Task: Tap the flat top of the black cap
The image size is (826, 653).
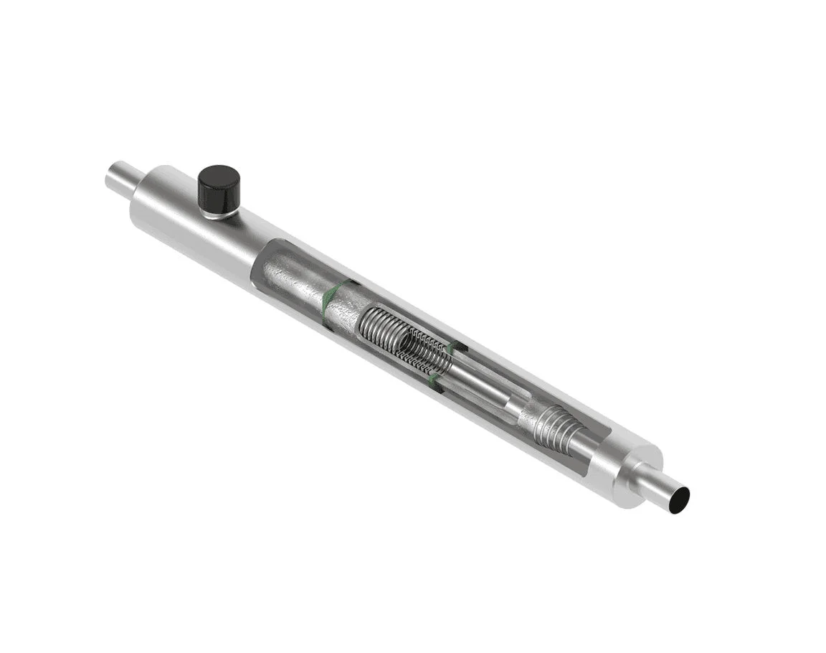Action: [x=219, y=177]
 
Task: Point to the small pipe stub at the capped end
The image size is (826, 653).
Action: [x=118, y=178]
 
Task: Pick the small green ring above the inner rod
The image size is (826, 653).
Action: [x=453, y=349]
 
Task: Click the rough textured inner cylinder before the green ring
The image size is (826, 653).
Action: [x=294, y=276]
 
